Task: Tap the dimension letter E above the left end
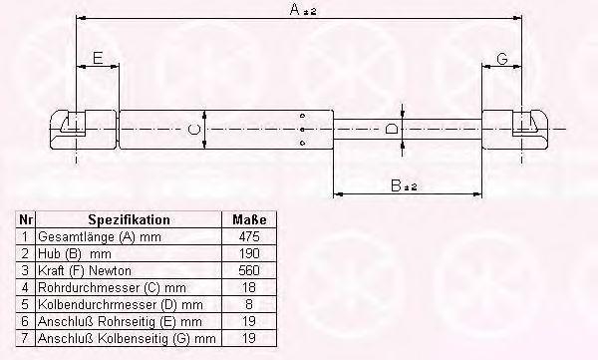[x=98, y=58]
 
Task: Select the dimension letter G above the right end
[x=502, y=59]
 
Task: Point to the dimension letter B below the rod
[x=397, y=185]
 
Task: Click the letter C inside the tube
[x=193, y=129]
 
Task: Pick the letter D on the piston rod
[x=391, y=129]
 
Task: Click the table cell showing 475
[x=249, y=236]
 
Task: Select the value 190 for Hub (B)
[x=249, y=253]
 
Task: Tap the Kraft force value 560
[x=249, y=270]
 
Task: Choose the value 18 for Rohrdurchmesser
[x=249, y=287]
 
